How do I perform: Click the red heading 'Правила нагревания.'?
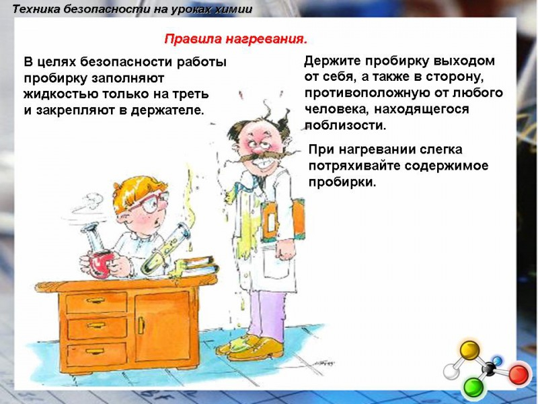click(x=236, y=40)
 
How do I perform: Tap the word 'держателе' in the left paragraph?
click(x=167, y=110)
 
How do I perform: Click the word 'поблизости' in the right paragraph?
click(x=346, y=125)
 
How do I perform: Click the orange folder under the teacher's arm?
click(x=282, y=220)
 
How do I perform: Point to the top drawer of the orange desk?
click(x=96, y=302)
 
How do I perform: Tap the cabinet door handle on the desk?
click(x=141, y=325)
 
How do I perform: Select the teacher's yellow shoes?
click(x=251, y=347)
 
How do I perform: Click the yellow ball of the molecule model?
click(x=469, y=350)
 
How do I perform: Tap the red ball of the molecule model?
click(x=518, y=375)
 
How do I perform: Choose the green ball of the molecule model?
click(x=473, y=388)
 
